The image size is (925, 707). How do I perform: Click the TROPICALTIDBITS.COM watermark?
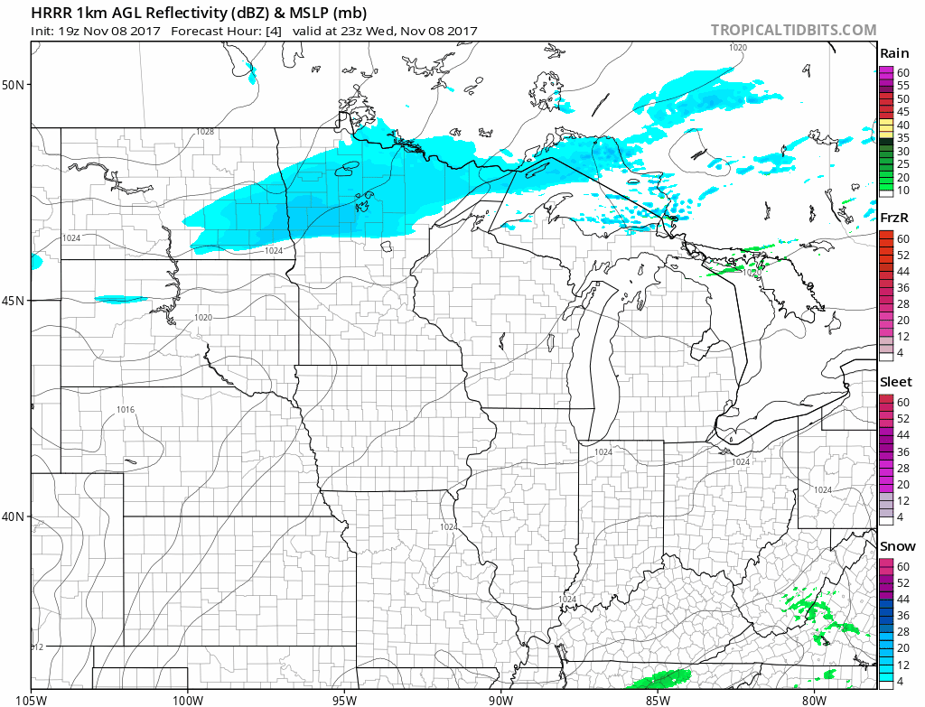793,30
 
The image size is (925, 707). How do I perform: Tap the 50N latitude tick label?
15,85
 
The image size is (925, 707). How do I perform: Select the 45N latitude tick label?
15,301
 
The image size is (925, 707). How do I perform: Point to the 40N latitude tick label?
15,516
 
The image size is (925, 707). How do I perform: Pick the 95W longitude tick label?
344,697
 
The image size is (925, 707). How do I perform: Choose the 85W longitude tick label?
657,697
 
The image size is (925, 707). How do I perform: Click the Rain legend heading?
893,53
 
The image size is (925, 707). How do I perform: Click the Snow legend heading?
896,546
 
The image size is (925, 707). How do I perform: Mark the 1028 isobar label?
205,132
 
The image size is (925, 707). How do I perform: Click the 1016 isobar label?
126,410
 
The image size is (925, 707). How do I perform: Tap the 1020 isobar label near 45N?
202,318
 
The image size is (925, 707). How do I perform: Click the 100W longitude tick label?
188,697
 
